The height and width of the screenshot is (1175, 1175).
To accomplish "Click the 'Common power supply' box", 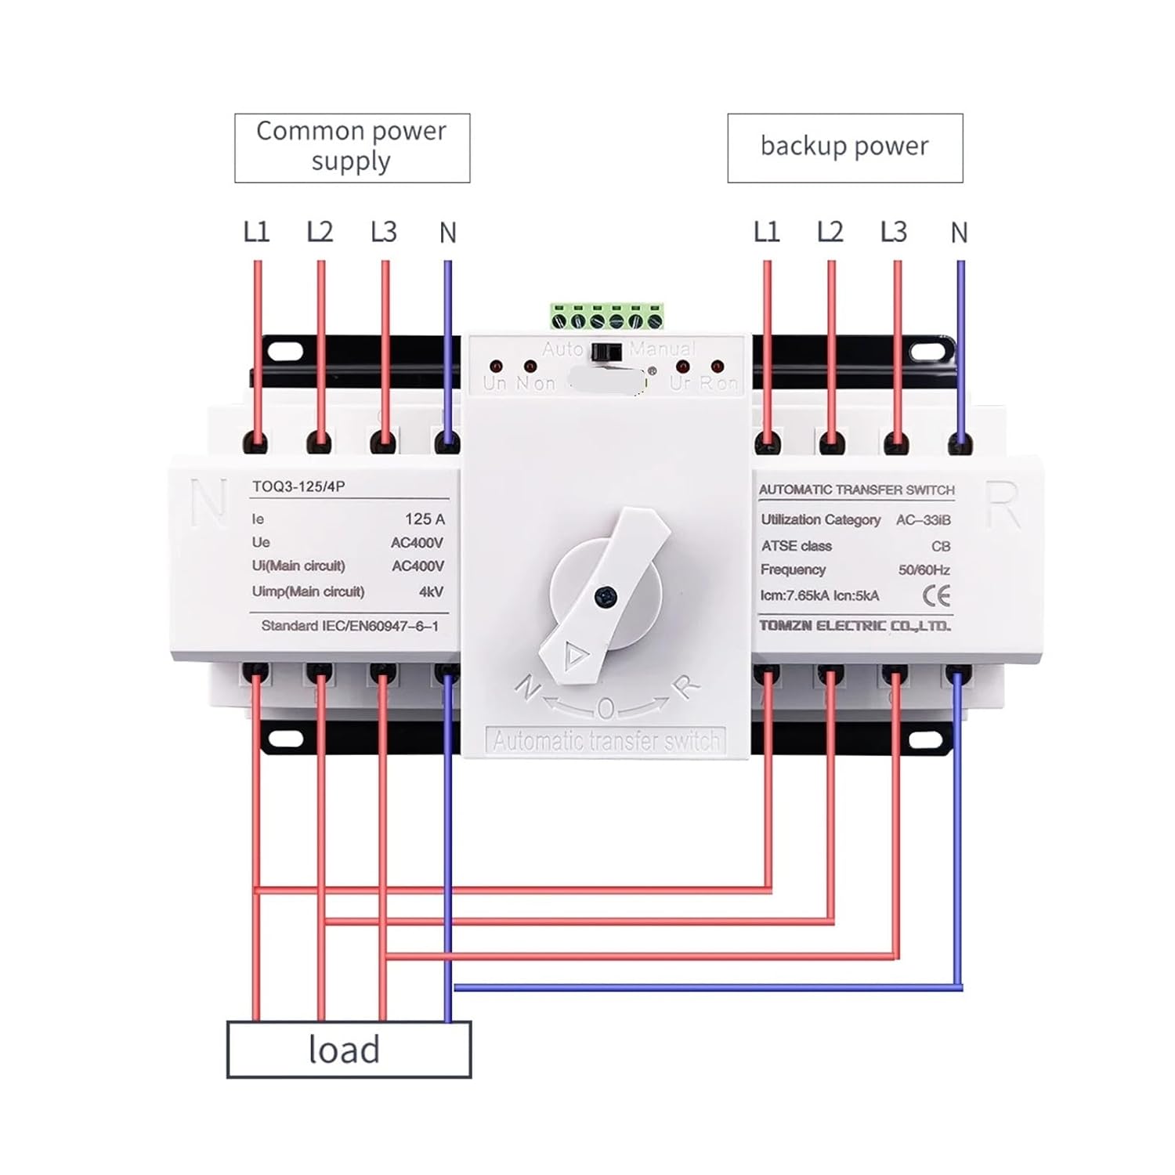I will coord(352,147).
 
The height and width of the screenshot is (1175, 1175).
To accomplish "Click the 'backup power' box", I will coord(844,147).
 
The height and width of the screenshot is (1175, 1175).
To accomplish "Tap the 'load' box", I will coord(348,1050).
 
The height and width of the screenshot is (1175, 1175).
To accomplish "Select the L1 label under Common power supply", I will coord(256,232).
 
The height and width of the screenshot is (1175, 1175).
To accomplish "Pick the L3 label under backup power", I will coord(893,232).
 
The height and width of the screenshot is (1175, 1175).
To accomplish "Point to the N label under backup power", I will coord(959,233).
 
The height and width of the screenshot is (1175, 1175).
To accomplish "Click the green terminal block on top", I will coord(606,316).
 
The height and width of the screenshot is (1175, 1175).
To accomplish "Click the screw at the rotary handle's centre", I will coord(605,598).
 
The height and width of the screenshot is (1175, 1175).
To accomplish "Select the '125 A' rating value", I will coord(425,519).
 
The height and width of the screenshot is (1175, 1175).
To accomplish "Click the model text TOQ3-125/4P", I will coord(298,486).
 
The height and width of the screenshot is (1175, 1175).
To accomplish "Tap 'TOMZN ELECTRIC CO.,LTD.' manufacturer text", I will coord(855,626).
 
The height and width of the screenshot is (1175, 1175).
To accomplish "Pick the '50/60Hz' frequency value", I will coord(924,569).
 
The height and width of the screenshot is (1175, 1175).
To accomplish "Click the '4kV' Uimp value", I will coord(431,591).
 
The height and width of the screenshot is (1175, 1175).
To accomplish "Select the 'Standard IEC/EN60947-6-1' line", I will coord(349,626).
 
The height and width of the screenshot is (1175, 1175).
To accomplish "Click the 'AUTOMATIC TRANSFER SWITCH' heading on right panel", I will coord(856,490).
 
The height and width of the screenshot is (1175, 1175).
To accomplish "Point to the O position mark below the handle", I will coord(606,709).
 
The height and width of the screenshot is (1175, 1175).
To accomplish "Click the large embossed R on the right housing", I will coord(1003,505).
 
